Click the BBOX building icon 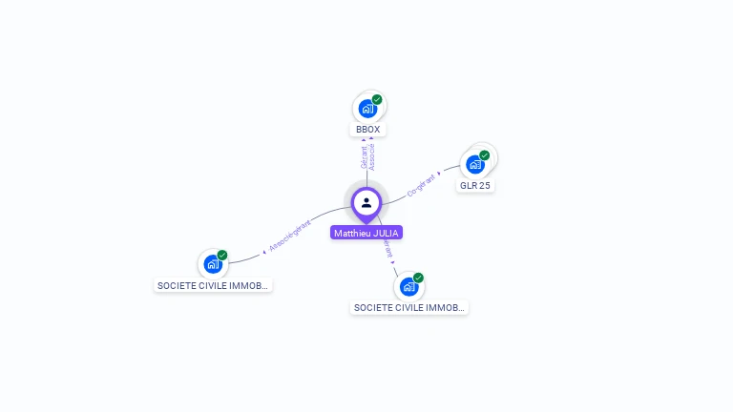coord(366,108)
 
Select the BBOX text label coord(368,130)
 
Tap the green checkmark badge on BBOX coord(377,99)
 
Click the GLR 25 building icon coord(474,164)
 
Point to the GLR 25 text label coord(474,185)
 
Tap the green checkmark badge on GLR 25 coord(485,155)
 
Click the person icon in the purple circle coord(366,202)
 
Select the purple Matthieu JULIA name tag coord(366,233)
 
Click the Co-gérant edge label coord(421,184)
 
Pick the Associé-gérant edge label coord(290,236)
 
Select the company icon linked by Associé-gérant coord(212,263)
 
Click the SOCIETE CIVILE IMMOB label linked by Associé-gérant coord(213,285)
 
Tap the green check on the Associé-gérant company coord(222,255)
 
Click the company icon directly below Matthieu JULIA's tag coord(408,286)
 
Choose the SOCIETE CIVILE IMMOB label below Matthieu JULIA coord(409,308)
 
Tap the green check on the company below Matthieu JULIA coord(418,278)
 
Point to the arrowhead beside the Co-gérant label coord(439,174)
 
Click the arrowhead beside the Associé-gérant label coord(263,252)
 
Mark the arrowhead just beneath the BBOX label coord(370,140)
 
